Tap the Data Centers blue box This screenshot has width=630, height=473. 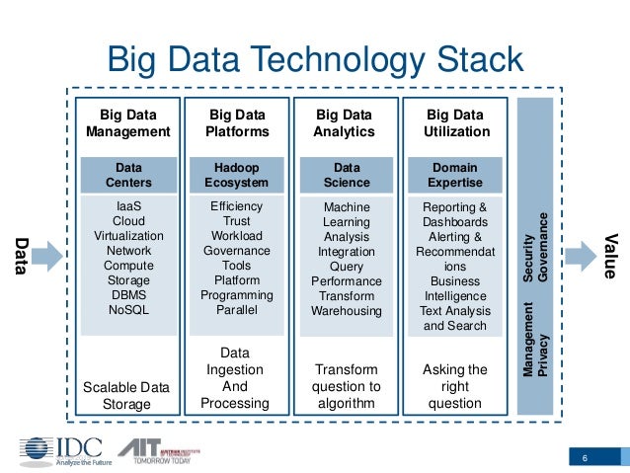(128, 175)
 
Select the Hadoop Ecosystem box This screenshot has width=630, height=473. (236, 175)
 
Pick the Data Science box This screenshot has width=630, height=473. (346, 175)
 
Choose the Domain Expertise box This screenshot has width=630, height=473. (455, 175)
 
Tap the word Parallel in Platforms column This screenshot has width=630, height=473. (236, 310)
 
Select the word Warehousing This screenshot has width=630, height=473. (346, 311)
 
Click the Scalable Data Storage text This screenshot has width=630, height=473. (128, 395)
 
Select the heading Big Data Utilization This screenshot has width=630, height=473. (455, 122)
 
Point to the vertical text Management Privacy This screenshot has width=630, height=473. (534, 341)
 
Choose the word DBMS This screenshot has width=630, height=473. (128, 295)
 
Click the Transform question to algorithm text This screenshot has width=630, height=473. (346, 386)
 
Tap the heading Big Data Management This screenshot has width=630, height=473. (128, 122)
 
